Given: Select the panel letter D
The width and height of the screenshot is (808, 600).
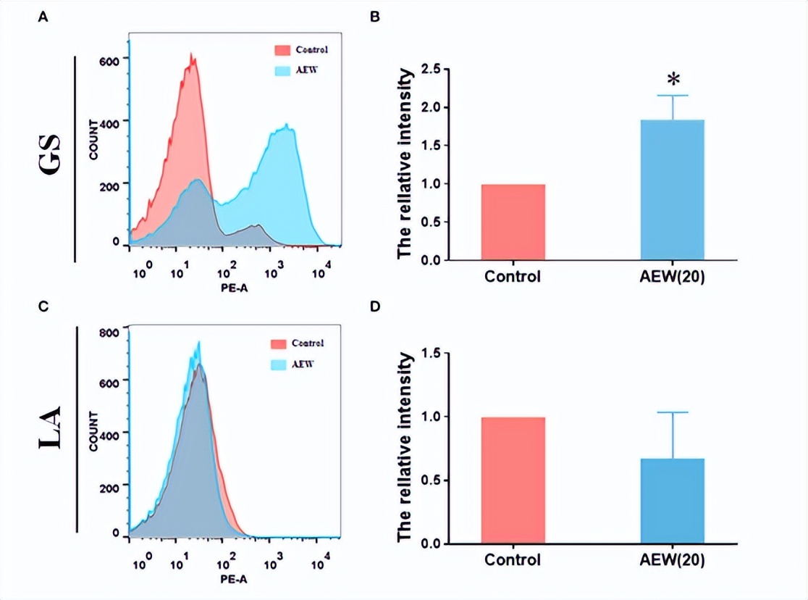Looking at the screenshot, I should click(374, 307).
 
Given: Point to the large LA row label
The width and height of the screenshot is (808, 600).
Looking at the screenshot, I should click(51, 430).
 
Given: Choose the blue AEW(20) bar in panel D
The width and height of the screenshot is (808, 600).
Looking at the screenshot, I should click(673, 501).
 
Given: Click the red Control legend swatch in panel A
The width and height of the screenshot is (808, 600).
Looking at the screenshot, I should click(282, 50).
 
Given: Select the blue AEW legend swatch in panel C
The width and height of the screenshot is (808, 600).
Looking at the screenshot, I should click(279, 364).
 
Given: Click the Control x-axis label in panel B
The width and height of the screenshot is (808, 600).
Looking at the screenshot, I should click(513, 277).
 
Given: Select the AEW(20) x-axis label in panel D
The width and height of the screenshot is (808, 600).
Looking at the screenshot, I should click(673, 560).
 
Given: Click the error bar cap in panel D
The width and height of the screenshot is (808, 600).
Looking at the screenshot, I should click(673, 412).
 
